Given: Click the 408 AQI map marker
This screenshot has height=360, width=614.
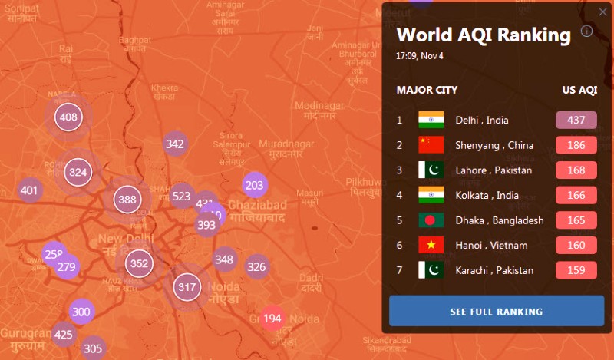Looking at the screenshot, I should tap(68, 117).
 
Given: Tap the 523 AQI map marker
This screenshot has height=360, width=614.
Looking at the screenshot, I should tap(181, 196).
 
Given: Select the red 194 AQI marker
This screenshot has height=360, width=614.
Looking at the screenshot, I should tap(272, 319).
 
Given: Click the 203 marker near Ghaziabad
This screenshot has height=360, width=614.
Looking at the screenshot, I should tap(255, 185).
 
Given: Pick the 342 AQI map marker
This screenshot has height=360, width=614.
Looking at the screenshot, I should tap(175, 144).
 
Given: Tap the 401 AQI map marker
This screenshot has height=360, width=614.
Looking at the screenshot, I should tap(29, 190).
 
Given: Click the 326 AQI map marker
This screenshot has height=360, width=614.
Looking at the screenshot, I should tap(256, 267).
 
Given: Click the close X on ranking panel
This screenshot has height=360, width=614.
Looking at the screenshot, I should tap(602, 12).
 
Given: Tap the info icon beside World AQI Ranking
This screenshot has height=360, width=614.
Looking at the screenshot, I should tap(586, 31).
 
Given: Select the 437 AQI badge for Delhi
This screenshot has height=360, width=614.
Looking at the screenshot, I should tap(576, 120).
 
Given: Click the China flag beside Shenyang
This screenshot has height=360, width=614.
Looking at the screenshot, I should tap(431, 145).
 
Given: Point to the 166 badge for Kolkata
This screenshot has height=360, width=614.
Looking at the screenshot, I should tap(576, 195).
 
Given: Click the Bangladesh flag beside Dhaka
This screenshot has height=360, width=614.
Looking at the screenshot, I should tap(431, 220).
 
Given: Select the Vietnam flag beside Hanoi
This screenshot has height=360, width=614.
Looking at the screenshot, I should tap(431, 245).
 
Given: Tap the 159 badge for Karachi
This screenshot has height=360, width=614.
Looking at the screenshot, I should tap(576, 270).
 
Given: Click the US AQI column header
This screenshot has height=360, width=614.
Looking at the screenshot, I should tap(579, 90).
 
